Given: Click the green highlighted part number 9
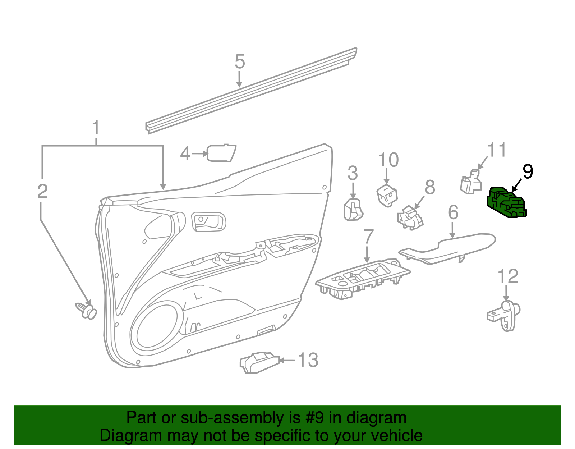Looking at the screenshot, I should coord(506,203).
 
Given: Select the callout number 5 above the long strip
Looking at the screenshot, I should coord(240,61).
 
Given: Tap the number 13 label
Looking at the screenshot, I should coord(308,360).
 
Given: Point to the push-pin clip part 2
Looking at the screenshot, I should coord(86,310).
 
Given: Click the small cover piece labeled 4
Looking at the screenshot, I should coord(221,153).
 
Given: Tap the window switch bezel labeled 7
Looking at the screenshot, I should coord(363,279).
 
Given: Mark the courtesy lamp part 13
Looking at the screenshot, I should coord(259,362).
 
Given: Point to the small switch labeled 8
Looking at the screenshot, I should coord(410,218).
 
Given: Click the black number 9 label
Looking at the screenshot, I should coord(528,171).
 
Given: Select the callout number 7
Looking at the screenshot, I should coord(368,237).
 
